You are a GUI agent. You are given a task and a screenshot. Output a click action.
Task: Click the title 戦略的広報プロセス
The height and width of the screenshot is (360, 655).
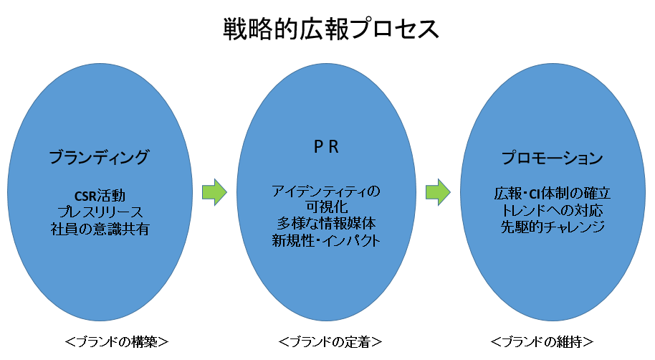(x=327, y=29)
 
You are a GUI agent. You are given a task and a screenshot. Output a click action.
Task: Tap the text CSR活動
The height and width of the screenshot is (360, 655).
(x=100, y=196)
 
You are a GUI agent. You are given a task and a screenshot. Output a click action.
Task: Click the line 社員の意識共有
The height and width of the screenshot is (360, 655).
(x=100, y=229)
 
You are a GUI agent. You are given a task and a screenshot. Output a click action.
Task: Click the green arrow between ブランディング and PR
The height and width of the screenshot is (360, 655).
(x=214, y=191)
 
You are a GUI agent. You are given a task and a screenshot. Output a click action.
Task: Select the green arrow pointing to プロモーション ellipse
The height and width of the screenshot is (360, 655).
(x=438, y=191)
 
